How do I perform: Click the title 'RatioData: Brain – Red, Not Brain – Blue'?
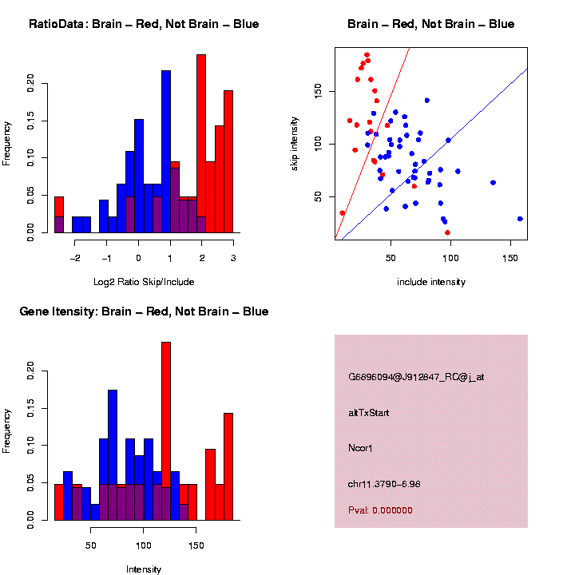pyautogui.click(x=144, y=24)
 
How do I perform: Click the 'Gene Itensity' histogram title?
pyautogui.click(x=144, y=311)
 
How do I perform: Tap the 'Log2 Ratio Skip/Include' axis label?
pyautogui.click(x=144, y=282)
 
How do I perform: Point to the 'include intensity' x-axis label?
pyautogui.click(x=431, y=282)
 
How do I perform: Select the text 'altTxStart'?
pyautogui.click(x=369, y=413)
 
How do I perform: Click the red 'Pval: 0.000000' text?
pyautogui.click(x=380, y=510)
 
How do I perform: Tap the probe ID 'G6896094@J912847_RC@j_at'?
pyautogui.click(x=415, y=377)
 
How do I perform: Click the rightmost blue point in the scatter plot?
pyautogui.click(x=520, y=218)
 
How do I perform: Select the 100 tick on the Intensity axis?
pyautogui.click(x=144, y=546)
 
